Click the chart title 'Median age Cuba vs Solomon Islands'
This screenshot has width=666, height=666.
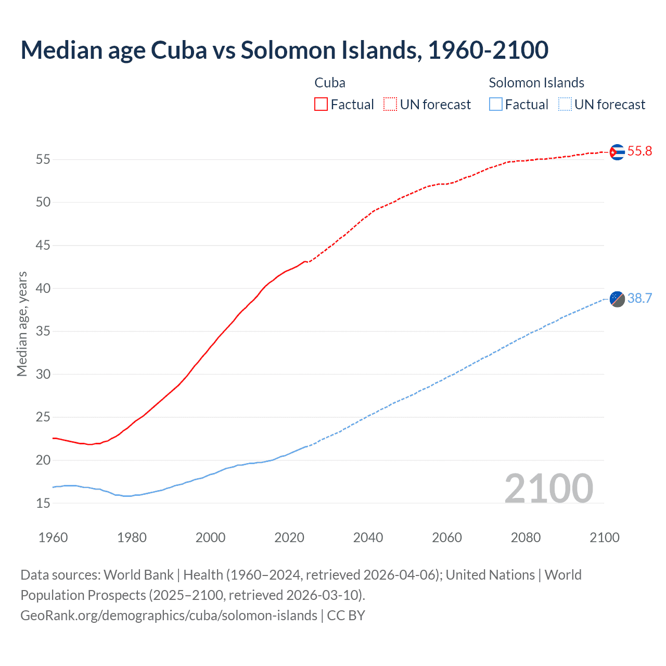point(284,50)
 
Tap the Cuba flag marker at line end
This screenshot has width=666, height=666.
point(617,152)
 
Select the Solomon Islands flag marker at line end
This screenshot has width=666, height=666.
point(617,299)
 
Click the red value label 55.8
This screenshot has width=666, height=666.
point(639,151)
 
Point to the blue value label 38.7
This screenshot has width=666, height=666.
point(639,298)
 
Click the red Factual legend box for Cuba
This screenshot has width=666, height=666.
point(321,105)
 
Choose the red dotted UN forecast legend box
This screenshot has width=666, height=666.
point(390,105)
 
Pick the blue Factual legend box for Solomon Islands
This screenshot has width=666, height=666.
point(496,105)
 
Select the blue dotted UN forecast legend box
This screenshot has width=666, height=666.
point(565,105)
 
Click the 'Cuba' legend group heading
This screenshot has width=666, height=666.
point(330,83)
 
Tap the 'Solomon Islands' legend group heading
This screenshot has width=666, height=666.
point(536,83)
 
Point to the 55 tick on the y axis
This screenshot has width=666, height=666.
point(43,159)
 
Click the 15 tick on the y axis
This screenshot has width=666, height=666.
point(43,503)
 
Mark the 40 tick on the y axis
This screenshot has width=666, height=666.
point(43,288)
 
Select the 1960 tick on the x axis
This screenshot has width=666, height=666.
point(53,537)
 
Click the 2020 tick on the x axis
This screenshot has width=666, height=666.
point(289,537)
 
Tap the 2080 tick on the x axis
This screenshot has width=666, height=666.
point(526,537)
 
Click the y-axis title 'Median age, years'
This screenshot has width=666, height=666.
point(22,324)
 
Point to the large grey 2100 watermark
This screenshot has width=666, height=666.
point(548,488)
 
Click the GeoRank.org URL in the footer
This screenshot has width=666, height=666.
point(169,616)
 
